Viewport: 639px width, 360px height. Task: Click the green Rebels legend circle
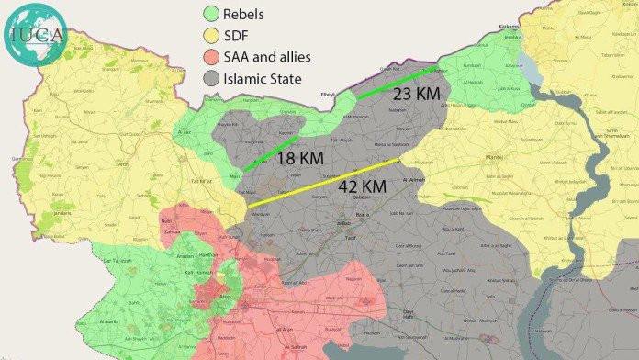click(x=211, y=15)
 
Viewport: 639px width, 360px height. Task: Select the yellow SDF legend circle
click(x=211, y=37)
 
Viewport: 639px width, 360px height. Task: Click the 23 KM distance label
click(x=416, y=94)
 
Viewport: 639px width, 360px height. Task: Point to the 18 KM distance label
click(x=299, y=159)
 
